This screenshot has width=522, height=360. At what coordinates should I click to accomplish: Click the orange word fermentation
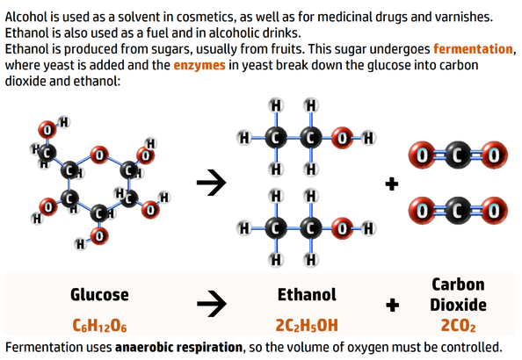pyautogui.click(x=473, y=49)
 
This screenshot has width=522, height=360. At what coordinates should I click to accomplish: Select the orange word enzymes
pyautogui.click(x=199, y=65)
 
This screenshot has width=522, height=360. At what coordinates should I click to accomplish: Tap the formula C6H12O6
pyautogui.click(x=99, y=326)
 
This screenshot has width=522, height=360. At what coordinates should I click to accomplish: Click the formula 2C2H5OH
pyautogui.click(x=307, y=325)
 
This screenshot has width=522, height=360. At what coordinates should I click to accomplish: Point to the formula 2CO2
pyautogui.click(x=458, y=326)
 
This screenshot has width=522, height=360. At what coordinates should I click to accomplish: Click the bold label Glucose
pyautogui.click(x=99, y=295)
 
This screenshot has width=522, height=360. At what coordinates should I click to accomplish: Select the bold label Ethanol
pyautogui.click(x=307, y=295)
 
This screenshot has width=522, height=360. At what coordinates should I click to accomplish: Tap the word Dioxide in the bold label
pyautogui.click(x=458, y=305)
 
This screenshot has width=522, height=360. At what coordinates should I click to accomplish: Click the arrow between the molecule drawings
pyautogui.click(x=212, y=183)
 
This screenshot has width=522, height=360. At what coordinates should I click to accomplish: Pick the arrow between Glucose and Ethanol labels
pyautogui.click(x=212, y=304)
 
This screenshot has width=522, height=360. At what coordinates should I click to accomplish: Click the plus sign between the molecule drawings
pyautogui.click(x=392, y=184)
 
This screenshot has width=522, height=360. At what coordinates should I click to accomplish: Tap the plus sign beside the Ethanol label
pyautogui.click(x=393, y=305)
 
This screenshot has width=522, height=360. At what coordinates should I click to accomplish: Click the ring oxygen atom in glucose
pyautogui.click(x=99, y=155)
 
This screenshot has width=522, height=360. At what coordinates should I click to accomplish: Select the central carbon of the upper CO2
pyautogui.click(x=458, y=155)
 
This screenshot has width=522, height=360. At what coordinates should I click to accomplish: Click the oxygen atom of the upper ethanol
pyautogui.click(x=342, y=138)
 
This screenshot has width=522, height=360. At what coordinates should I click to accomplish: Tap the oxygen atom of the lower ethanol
pyautogui.click(x=342, y=228)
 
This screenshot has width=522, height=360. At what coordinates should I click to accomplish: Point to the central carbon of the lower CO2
pyautogui.click(x=458, y=211)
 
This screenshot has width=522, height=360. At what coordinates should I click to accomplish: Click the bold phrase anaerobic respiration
pyautogui.click(x=178, y=348)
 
